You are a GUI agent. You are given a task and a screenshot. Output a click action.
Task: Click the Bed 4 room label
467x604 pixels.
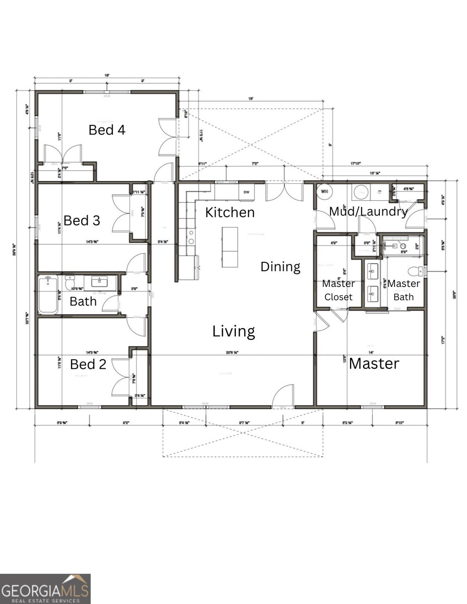click(107, 130)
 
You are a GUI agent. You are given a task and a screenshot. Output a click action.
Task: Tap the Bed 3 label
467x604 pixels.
click(82, 220)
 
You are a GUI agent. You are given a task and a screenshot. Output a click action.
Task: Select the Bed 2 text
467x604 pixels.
click(88, 364)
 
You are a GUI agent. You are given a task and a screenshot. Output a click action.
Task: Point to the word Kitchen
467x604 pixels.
click(230, 212)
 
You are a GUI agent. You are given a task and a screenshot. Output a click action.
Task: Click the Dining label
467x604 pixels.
click(280, 267)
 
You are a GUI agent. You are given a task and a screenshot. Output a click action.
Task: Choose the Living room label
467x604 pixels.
click(233, 331)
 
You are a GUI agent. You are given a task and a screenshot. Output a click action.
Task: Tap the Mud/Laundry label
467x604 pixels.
click(368, 211)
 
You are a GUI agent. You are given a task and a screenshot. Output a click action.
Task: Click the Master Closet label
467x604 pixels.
click(339, 290)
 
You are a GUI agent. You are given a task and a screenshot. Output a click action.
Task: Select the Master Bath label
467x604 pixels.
click(404, 290)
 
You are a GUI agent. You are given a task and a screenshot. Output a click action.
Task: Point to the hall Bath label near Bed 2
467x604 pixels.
click(84, 302)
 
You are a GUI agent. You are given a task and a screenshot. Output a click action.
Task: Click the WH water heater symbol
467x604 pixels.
click(324, 192)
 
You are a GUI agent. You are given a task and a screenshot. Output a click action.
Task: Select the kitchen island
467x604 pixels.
click(229, 247)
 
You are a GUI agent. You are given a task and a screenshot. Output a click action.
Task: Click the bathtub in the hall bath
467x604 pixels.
click(49, 295)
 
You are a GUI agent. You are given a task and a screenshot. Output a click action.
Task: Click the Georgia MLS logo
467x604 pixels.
click(45, 589)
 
